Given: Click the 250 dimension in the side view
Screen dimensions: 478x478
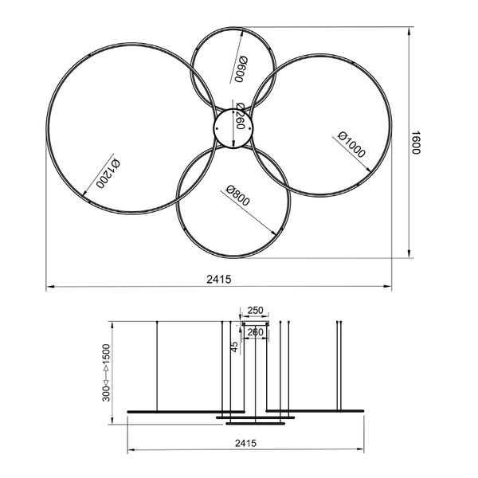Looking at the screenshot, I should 255,311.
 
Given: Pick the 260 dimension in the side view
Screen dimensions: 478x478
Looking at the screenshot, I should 255,331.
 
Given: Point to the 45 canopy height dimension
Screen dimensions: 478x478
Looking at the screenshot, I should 234,347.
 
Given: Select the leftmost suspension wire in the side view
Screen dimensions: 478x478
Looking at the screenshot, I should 157,366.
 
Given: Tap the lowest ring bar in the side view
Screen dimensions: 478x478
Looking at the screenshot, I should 255,423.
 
